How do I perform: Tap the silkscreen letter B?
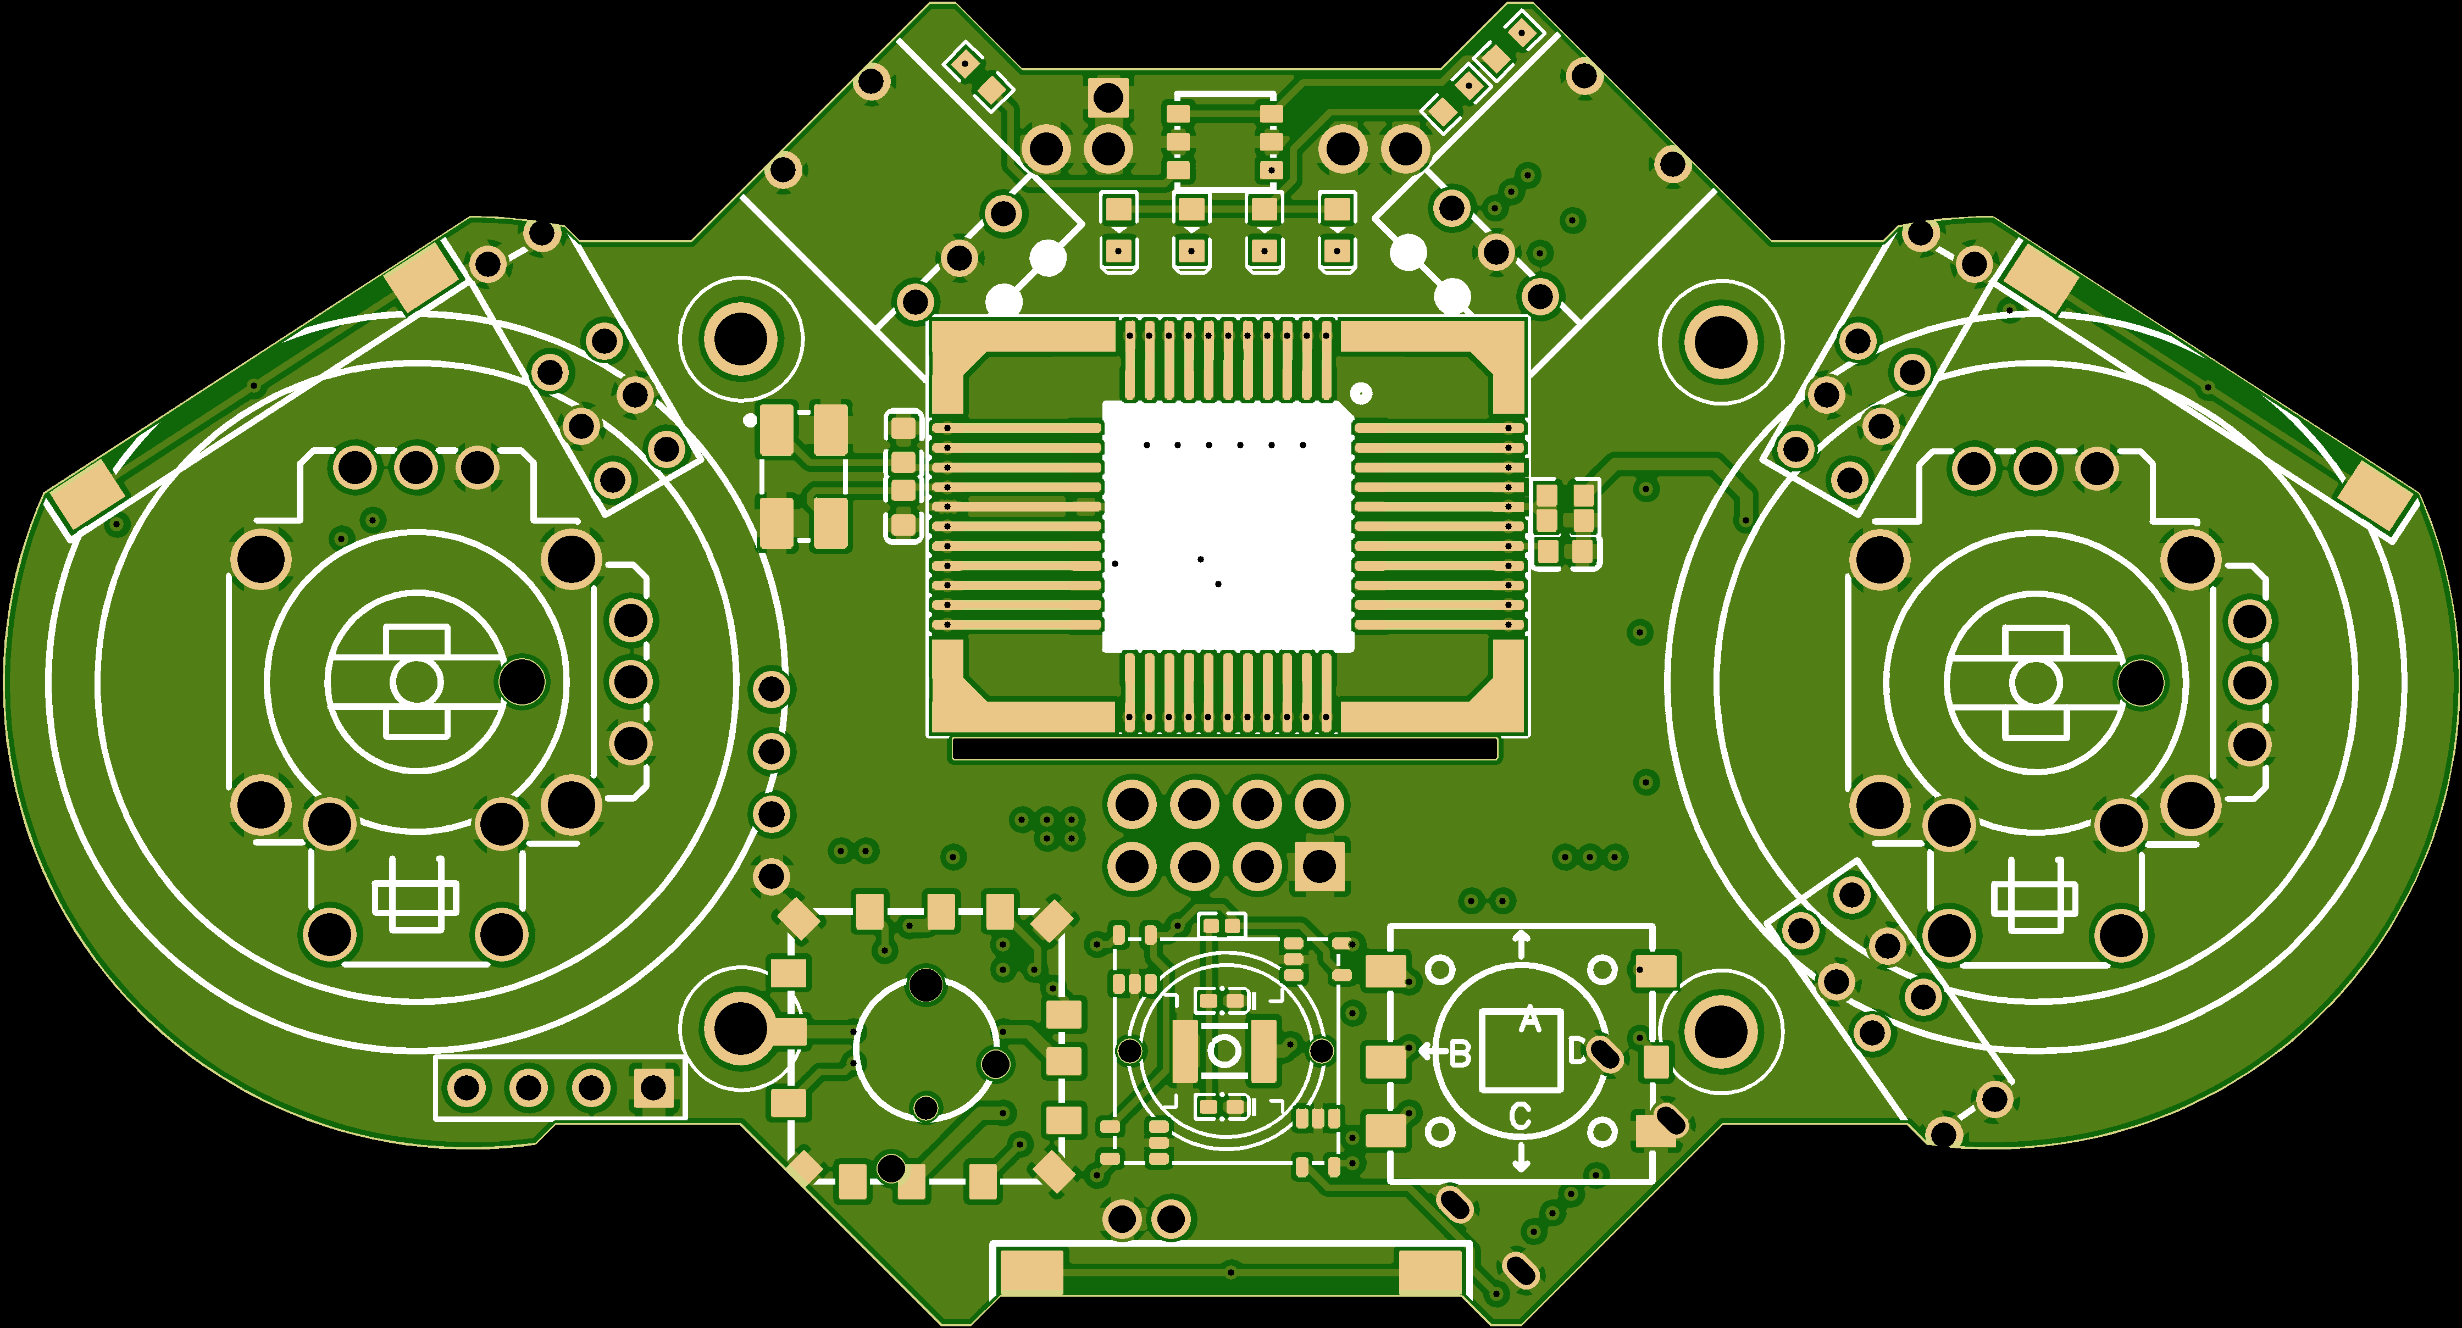[1460, 1054]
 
